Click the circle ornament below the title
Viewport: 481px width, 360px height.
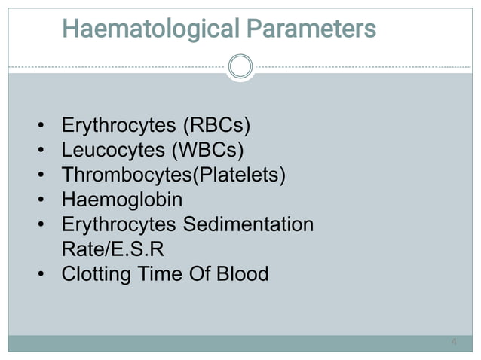pos(240,67)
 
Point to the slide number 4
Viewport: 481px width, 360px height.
pos(453,343)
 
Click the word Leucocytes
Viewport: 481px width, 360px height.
pos(114,150)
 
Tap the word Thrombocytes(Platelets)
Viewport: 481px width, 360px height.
pos(174,175)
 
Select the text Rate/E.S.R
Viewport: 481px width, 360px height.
pos(112,249)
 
